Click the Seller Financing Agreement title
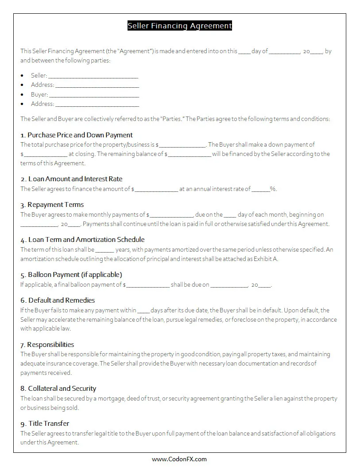[179, 26]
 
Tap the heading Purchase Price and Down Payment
[76, 135]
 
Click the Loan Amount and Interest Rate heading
[71, 179]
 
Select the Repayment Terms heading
[52, 205]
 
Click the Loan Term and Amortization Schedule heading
[82, 240]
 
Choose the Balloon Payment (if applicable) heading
[71, 275]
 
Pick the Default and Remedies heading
[58, 300]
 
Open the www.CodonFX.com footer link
[179, 459]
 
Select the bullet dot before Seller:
[22, 76]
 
